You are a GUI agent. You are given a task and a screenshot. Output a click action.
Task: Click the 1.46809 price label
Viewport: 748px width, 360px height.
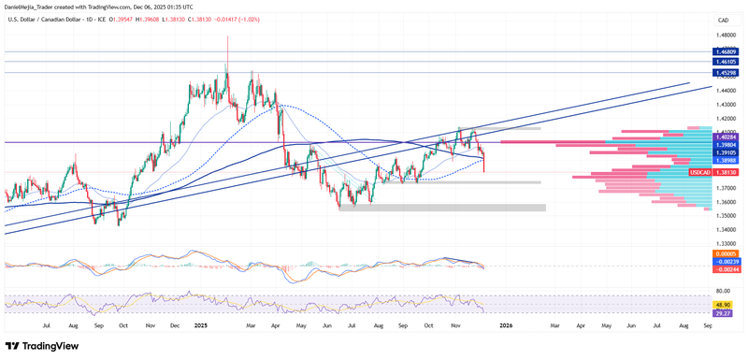[726, 51]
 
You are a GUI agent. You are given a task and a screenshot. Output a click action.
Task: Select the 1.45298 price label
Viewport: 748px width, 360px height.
[726, 72]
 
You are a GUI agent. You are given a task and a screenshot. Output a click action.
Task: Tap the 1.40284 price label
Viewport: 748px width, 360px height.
[726, 138]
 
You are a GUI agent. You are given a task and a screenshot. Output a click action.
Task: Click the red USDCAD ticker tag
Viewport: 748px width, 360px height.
[700, 173]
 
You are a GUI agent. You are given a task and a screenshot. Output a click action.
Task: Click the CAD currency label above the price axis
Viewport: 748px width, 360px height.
[722, 20]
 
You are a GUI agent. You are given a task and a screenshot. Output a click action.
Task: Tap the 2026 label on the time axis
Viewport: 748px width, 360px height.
[506, 324]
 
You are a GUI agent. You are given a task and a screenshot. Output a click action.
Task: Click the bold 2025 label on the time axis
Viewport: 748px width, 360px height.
[200, 324]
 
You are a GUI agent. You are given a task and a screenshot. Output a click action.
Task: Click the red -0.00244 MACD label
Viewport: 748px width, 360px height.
[726, 269]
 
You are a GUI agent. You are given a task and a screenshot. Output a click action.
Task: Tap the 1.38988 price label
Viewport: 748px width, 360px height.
[726, 161]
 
